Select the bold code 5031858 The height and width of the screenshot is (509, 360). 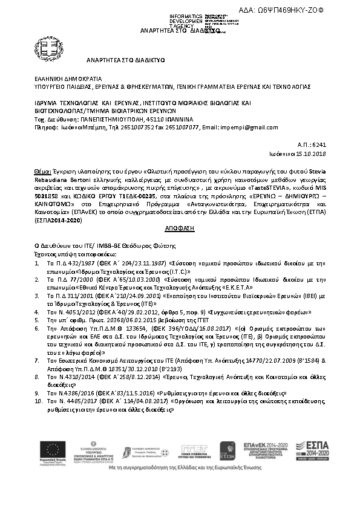click(47, 196)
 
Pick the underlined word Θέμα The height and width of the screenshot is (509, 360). click(43, 172)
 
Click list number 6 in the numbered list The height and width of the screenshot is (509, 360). click(38, 325)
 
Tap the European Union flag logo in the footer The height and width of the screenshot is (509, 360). click(53, 449)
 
